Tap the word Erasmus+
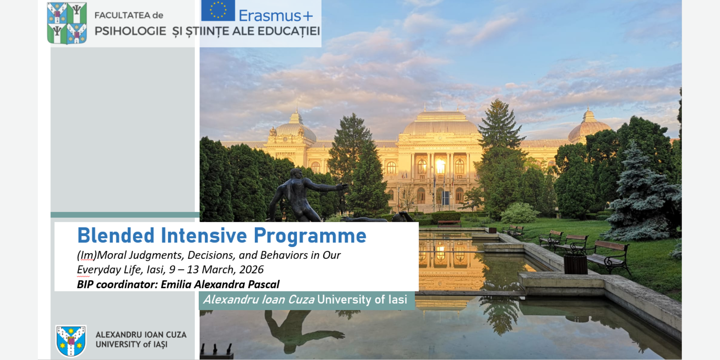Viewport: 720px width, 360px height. tap(275, 16)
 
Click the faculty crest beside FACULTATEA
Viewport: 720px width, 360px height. tap(67, 23)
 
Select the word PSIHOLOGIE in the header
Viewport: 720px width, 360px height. tap(130, 31)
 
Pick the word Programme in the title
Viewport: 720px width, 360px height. tap(310, 236)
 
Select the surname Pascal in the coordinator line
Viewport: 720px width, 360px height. tap(264, 285)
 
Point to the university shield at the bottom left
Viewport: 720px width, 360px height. tap(71, 341)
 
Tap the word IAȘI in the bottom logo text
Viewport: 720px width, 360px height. tap(160, 345)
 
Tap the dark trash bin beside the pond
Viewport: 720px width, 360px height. tap(575, 264)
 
